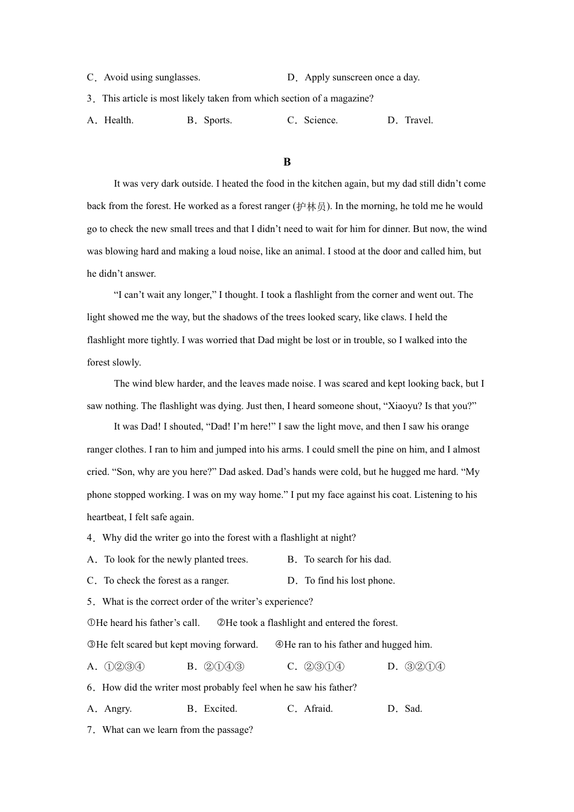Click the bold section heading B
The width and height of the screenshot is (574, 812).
click(x=287, y=162)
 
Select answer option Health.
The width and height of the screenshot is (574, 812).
click(x=118, y=120)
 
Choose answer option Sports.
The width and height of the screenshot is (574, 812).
click(x=218, y=120)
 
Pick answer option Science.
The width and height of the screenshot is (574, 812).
click(x=320, y=120)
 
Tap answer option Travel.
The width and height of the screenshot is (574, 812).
click(x=419, y=120)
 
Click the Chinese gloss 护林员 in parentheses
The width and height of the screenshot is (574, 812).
click(x=312, y=207)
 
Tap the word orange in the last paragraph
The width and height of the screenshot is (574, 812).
click(x=456, y=427)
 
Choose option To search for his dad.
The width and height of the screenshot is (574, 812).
click(x=347, y=559)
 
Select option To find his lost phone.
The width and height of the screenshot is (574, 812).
click(x=349, y=581)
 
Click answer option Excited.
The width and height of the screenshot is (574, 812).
click(x=221, y=709)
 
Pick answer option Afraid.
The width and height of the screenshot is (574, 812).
click(x=318, y=709)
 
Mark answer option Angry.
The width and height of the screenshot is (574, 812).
click(x=118, y=709)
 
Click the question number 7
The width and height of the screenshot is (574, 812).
click(x=91, y=730)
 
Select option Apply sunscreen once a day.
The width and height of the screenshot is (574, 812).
click(x=362, y=77)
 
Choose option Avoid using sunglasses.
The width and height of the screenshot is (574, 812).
click(x=152, y=77)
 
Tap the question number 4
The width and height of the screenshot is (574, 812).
click(x=91, y=538)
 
